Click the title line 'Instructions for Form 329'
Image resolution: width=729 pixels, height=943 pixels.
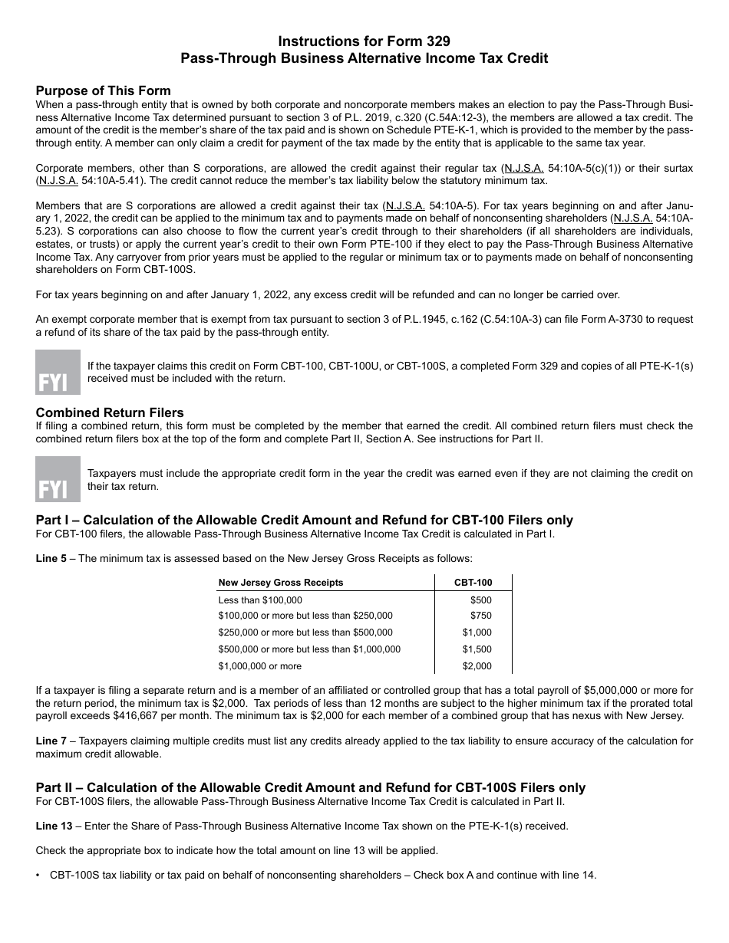(x=364, y=41)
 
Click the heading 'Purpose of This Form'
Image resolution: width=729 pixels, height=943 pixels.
(x=104, y=90)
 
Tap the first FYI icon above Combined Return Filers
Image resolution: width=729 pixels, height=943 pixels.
(x=58, y=373)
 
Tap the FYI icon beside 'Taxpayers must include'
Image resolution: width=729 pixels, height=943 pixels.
(x=58, y=479)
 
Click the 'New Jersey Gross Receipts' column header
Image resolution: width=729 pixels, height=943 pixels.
(x=281, y=583)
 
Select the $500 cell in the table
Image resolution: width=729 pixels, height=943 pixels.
(x=481, y=600)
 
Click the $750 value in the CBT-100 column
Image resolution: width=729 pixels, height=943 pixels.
(x=481, y=616)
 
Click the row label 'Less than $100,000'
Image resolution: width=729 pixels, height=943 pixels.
(x=260, y=600)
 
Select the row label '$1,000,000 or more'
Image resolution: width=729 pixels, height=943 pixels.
(x=259, y=666)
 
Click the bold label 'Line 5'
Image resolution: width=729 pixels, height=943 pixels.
(x=51, y=558)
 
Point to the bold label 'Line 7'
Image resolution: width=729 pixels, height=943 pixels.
(x=51, y=741)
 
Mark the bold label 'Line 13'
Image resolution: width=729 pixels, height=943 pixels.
(x=54, y=826)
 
